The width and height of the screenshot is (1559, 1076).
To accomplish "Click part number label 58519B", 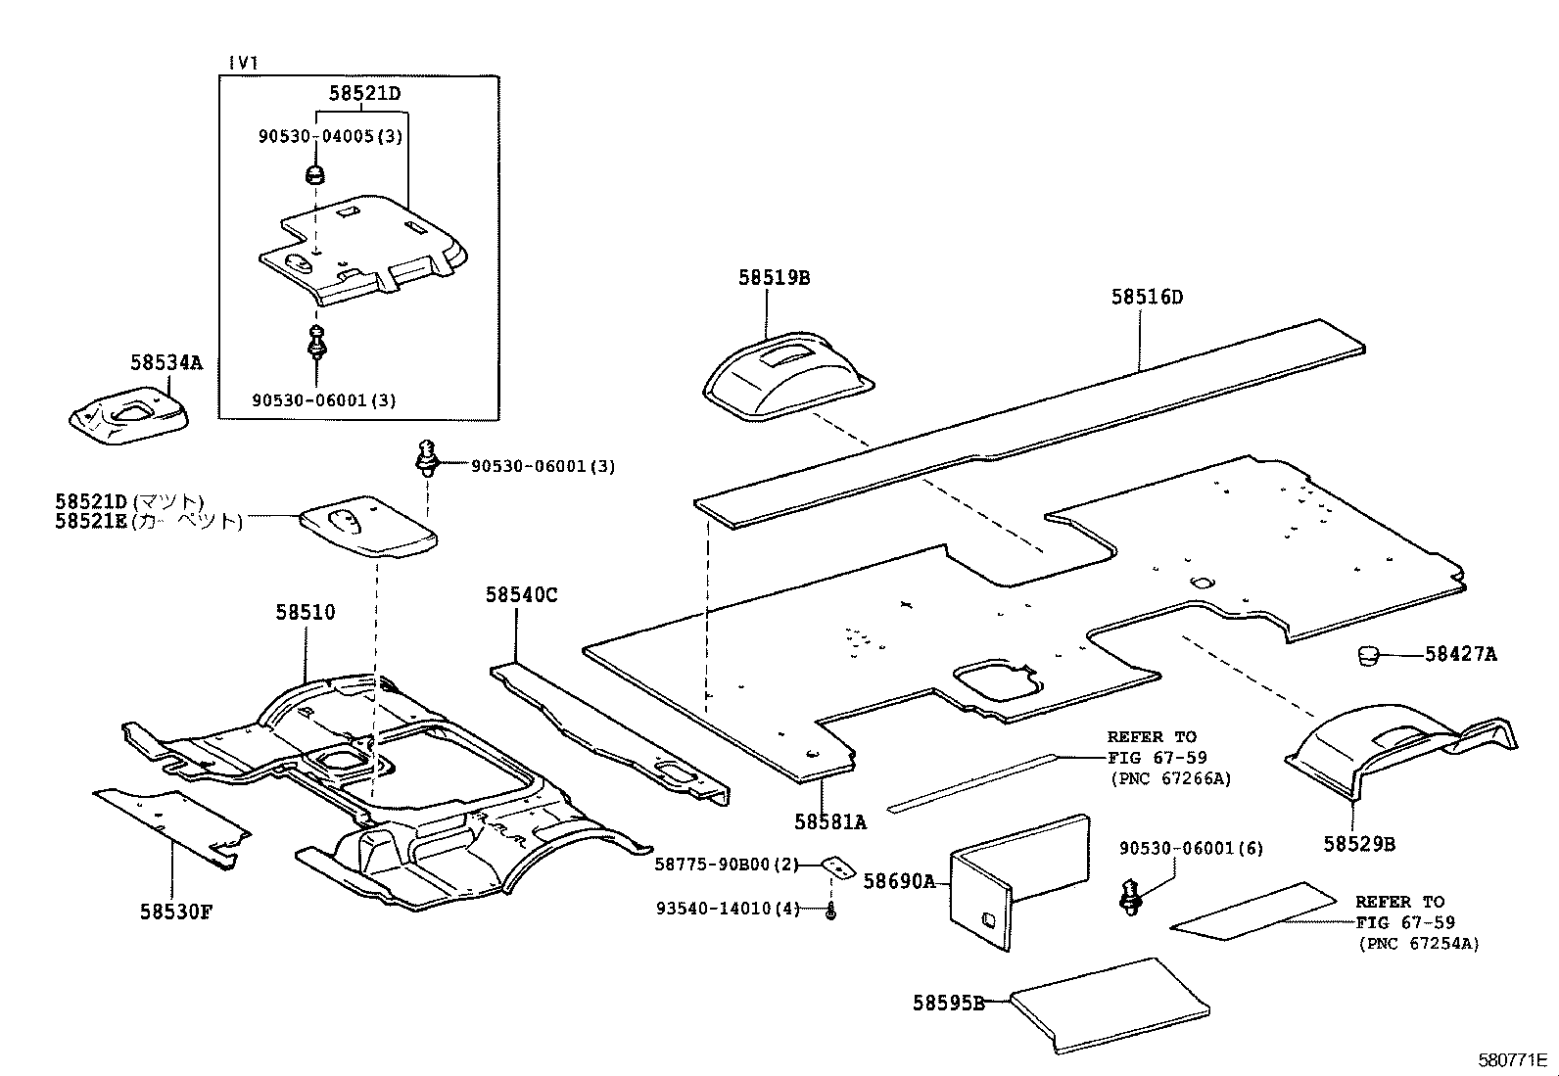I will pyautogui.click(x=774, y=278).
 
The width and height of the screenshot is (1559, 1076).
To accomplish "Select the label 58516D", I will pyautogui.click(x=1147, y=297).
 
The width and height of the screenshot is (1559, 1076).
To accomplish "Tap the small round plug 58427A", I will pyautogui.click(x=1368, y=655).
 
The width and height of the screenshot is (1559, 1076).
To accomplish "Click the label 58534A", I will pyautogui.click(x=165, y=363).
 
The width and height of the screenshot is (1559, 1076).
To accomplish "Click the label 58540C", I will pyautogui.click(x=521, y=595).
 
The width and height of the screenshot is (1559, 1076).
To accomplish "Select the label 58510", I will pyautogui.click(x=305, y=613).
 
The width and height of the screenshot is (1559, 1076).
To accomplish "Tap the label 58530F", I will pyautogui.click(x=175, y=912).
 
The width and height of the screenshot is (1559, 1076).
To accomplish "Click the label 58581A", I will pyautogui.click(x=829, y=822).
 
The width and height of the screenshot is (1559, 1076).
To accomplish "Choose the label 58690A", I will pyautogui.click(x=899, y=881).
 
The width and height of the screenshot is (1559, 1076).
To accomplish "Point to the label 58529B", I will pyautogui.click(x=1359, y=844).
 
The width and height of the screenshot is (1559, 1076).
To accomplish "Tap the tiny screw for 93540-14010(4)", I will pyautogui.click(x=830, y=912).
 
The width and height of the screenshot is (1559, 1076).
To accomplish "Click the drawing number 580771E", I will pyautogui.click(x=1511, y=1060).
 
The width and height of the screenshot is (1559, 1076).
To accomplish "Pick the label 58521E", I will pyautogui.click(x=91, y=522).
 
